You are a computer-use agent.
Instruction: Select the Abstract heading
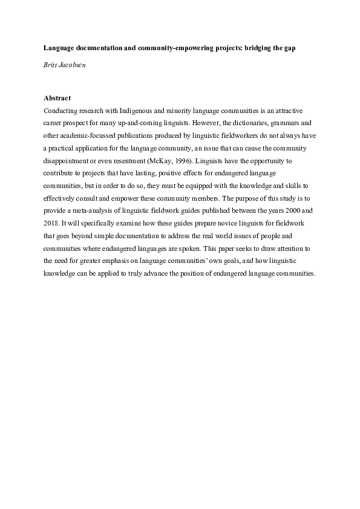point(58,97)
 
